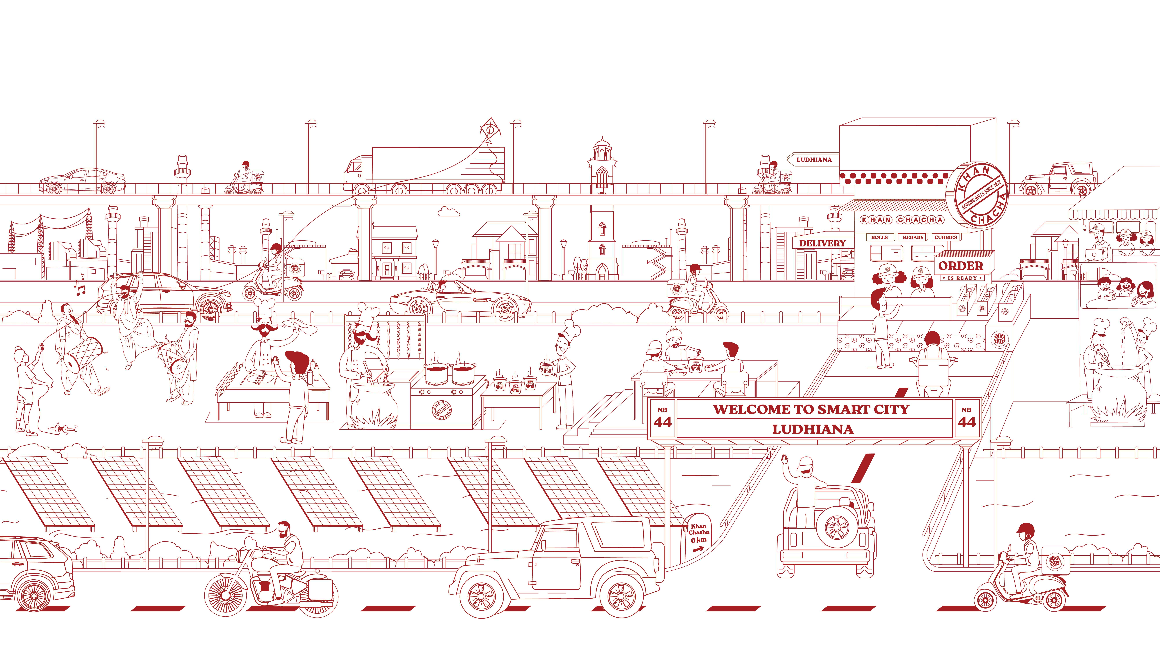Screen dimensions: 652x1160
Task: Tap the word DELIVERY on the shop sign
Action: [822, 243]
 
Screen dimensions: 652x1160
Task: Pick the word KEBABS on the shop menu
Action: [913, 237]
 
